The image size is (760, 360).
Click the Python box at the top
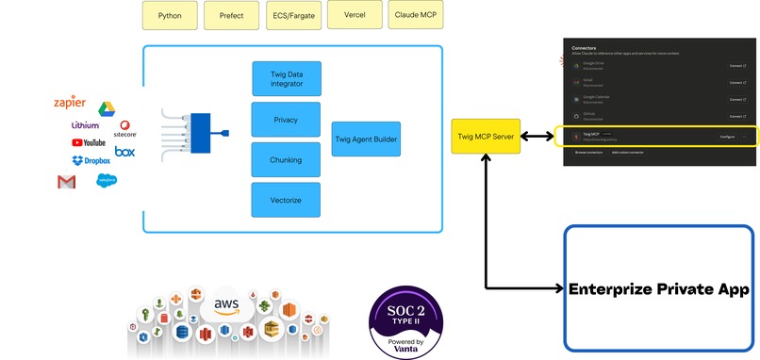171,16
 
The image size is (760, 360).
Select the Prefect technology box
231,16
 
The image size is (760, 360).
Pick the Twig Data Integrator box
286,78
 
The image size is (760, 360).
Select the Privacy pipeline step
286,120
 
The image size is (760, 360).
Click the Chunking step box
286,160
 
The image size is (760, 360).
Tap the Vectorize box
286,200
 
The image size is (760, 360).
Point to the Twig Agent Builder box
366,139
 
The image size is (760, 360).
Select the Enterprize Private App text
659,289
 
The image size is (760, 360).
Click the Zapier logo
71,103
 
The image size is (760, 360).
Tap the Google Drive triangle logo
107,108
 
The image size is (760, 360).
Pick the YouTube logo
89,142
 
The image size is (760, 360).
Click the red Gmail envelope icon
66,182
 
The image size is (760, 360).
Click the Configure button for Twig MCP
727,137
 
